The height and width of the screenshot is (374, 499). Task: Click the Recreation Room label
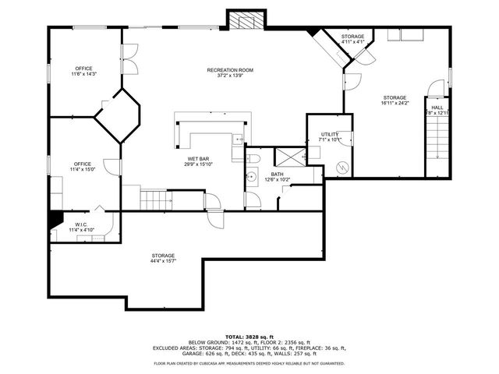[x=230, y=71]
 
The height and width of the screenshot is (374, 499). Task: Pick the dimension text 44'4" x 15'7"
[x=163, y=261]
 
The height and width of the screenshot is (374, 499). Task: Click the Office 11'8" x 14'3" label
[x=83, y=71]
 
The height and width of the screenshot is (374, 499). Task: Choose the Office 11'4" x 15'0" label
[x=83, y=166]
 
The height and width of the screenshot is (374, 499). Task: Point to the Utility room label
[x=330, y=135]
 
